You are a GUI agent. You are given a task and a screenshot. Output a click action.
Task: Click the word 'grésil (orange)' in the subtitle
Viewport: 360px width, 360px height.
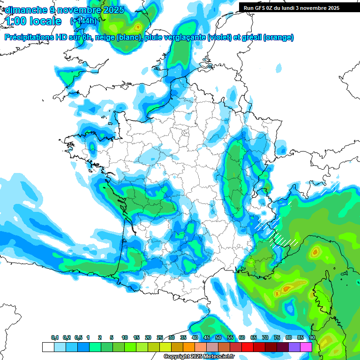[267, 37]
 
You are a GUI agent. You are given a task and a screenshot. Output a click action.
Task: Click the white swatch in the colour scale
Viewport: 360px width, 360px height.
[48, 347]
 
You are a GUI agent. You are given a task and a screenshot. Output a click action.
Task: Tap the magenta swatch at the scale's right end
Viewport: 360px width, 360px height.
[306, 347]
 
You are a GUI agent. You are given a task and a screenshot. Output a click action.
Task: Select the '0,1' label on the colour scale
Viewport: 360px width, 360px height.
[55, 338]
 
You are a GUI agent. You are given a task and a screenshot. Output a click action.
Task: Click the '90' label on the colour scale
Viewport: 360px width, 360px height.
[312, 338]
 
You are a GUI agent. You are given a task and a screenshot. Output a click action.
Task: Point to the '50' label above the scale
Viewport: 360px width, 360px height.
[218, 338]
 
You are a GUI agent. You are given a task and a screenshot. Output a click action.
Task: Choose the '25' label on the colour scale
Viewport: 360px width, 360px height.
[160, 338]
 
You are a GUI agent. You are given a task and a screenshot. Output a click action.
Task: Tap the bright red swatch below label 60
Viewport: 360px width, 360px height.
[247, 347]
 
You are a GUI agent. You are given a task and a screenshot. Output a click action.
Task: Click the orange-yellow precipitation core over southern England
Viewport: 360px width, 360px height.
[137, 27]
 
